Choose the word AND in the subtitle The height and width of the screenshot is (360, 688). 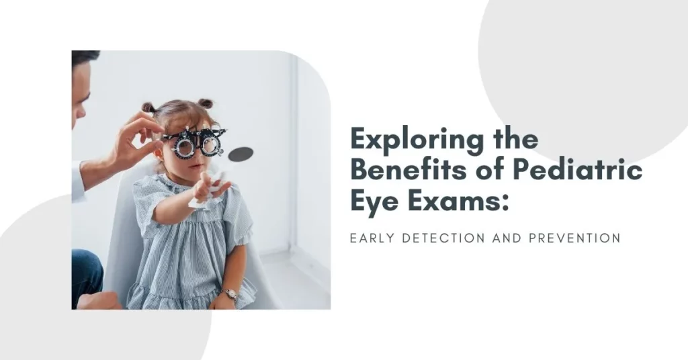tap(507, 238)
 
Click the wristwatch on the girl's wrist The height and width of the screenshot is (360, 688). tap(230, 294)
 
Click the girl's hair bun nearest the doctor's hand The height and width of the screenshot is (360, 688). tap(148, 107)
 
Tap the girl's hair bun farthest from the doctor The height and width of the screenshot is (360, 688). tap(205, 103)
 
